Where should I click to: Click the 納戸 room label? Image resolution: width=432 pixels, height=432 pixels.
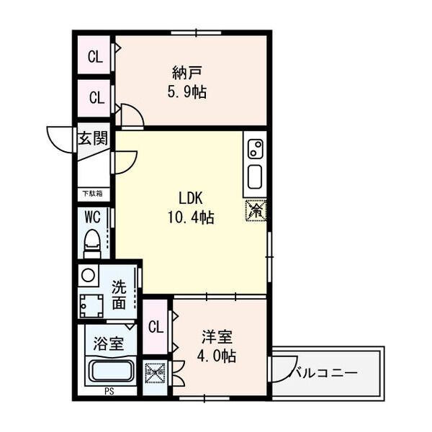[186, 73]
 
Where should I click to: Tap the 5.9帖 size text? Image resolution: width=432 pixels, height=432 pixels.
[186, 93]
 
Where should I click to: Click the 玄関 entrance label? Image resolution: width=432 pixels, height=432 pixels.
[94, 138]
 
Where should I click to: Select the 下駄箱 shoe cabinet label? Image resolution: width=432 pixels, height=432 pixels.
[91, 193]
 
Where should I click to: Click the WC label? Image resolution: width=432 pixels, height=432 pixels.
[92, 216]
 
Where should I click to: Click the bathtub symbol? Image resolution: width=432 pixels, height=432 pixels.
[109, 372]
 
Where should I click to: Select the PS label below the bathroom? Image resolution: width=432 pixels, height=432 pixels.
[109, 392]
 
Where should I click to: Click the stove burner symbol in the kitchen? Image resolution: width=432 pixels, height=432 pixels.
[255, 149]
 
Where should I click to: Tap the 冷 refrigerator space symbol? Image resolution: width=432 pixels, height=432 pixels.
[256, 210]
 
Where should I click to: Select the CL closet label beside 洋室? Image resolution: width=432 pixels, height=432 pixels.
[156, 326]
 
